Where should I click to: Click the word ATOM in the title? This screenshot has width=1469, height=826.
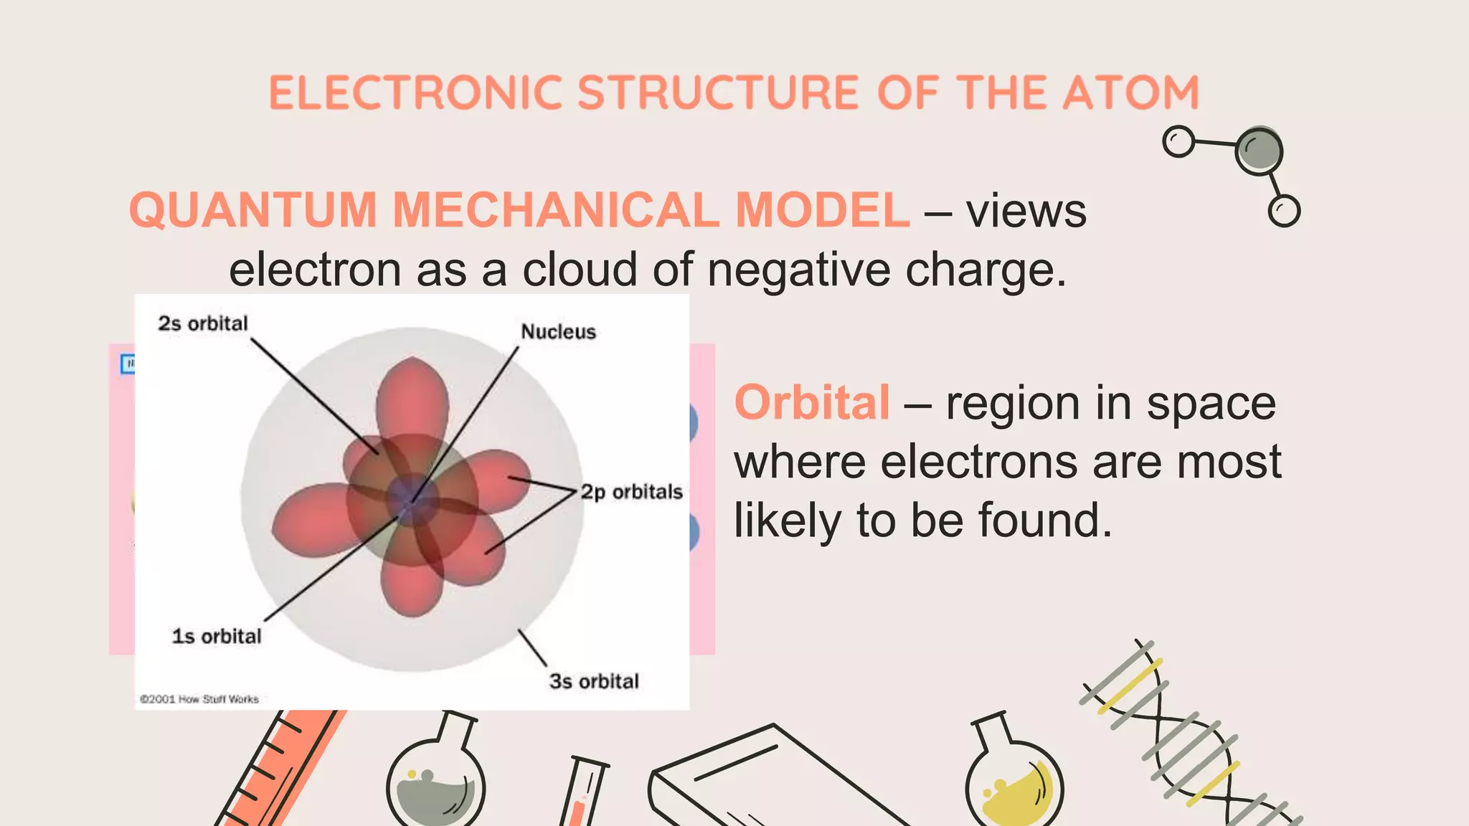pos(1130,92)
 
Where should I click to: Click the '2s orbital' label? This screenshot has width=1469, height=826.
pos(203,323)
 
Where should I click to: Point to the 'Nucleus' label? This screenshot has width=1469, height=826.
pos(558,331)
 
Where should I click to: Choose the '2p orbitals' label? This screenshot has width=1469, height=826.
pos(631,492)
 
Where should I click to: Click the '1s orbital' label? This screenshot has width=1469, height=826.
pos(217,636)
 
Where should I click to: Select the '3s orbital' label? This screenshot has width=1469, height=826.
pos(594,680)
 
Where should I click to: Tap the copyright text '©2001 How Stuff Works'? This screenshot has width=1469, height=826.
pos(199,699)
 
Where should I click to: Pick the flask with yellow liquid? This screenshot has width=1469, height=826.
pos(1014,782)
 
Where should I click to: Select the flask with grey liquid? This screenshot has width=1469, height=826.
pos(435,782)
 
